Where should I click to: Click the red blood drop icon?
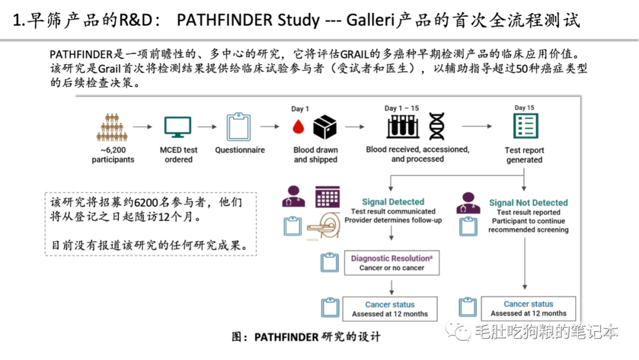pyautogui.click(x=299, y=127)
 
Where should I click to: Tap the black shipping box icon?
pyautogui.click(x=325, y=127)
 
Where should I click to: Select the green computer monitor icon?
pyautogui.click(x=177, y=127)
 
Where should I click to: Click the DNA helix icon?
pyautogui.click(x=437, y=126)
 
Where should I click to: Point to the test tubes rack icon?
pyautogui.click(x=403, y=126)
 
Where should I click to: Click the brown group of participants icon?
pyautogui.click(x=112, y=127)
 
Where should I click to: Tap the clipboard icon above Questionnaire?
pyautogui.click(x=239, y=127)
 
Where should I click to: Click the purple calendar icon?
pyautogui.click(x=327, y=197)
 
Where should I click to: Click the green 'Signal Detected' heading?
pyautogui.click(x=393, y=202)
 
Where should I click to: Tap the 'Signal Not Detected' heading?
pyautogui.click(x=528, y=202)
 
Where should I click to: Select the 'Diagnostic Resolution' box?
pyautogui.click(x=392, y=263)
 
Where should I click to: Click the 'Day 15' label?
pyautogui.click(x=524, y=108)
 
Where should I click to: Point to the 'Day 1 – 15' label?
pyautogui.click(x=401, y=108)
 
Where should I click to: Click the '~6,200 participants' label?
pyautogui.click(x=113, y=155)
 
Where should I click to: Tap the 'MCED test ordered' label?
pyautogui.click(x=179, y=155)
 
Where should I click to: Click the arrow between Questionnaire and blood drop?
pyautogui.click(x=269, y=127)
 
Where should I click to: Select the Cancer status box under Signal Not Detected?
pyautogui.click(x=528, y=308)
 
